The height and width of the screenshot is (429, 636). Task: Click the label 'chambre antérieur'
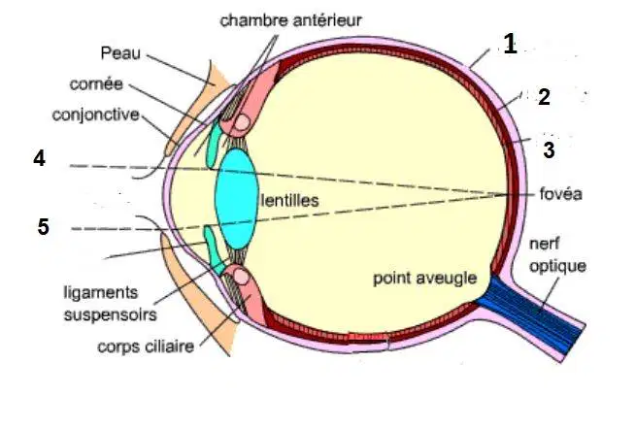pyautogui.click(x=290, y=20)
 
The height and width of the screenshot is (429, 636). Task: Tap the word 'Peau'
pyautogui.click(x=120, y=53)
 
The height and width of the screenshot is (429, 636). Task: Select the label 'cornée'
pyautogui.click(x=96, y=83)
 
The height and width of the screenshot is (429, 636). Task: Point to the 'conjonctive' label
pyautogui.click(x=96, y=115)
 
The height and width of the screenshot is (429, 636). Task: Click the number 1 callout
pyautogui.click(x=511, y=44)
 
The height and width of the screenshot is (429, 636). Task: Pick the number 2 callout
pyautogui.click(x=544, y=97)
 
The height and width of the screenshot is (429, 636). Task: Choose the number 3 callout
pyautogui.click(x=549, y=150)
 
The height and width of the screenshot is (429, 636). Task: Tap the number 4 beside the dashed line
pyautogui.click(x=40, y=158)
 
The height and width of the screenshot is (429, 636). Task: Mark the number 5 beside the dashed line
pyautogui.click(x=44, y=227)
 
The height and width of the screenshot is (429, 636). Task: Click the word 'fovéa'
pyautogui.click(x=561, y=194)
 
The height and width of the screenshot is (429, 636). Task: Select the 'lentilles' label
pyautogui.click(x=289, y=200)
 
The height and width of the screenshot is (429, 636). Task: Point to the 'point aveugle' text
pyautogui.click(x=424, y=279)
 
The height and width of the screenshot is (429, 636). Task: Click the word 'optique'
pyautogui.click(x=557, y=266)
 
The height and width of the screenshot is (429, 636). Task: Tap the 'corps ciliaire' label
pyautogui.click(x=146, y=346)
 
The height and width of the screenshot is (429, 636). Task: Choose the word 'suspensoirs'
pyautogui.click(x=111, y=315)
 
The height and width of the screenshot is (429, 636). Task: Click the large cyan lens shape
pyautogui.click(x=237, y=199)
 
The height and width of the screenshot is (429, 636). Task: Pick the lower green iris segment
pyautogui.click(x=214, y=249)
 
